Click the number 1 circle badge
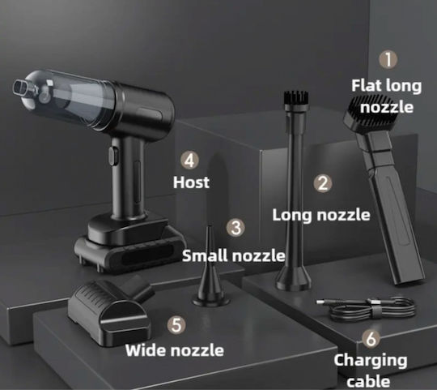[388, 59]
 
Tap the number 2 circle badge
[323, 184]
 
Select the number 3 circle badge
[235, 227]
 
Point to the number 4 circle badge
[189, 161]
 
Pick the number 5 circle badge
[176, 324]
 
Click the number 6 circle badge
[371, 339]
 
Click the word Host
[191, 182]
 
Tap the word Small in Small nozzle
[206, 255]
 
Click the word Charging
[371, 361]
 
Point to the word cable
[368, 381]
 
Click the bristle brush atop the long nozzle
[295, 98]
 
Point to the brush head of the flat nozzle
[370, 113]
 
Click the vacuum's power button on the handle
[113, 156]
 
